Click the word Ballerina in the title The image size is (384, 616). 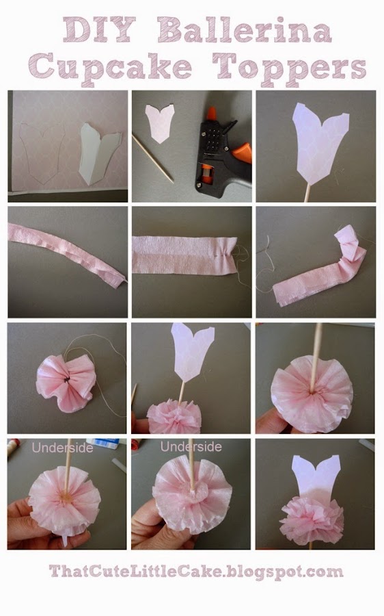[x=245, y=30]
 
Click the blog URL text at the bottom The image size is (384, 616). [x=196, y=572]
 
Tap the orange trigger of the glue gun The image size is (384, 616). [x=243, y=152]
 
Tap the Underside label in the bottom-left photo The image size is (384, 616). [x=63, y=448]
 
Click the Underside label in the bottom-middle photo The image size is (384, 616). [x=191, y=447]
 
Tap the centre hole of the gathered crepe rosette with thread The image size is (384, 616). [x=67, y=379]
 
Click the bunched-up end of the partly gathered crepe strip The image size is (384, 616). [x=351, y=244]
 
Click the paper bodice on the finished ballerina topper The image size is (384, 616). [x=317, y=476]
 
